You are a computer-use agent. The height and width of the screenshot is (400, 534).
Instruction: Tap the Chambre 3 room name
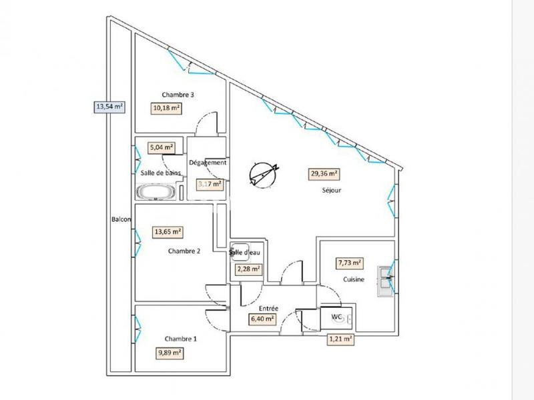(178, 95)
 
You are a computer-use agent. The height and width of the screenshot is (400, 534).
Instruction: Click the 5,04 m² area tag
(162, 147)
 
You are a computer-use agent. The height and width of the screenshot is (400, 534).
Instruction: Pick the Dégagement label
(208, 163)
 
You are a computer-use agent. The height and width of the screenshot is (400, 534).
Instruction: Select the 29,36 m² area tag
(324, 173)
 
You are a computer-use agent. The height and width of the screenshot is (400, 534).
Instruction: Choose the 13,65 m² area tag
(168, 232)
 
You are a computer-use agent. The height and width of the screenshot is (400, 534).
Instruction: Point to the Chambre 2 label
(184, 251)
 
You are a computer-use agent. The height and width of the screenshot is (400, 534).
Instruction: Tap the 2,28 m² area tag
(248, 269)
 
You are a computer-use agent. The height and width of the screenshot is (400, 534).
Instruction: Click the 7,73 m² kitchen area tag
(350, 263)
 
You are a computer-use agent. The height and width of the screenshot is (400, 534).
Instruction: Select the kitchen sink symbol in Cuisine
(385, 280)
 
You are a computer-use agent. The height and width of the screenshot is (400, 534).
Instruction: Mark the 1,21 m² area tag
(340, 339)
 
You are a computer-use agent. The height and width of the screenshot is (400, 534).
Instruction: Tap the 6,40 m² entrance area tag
(262, 319)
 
